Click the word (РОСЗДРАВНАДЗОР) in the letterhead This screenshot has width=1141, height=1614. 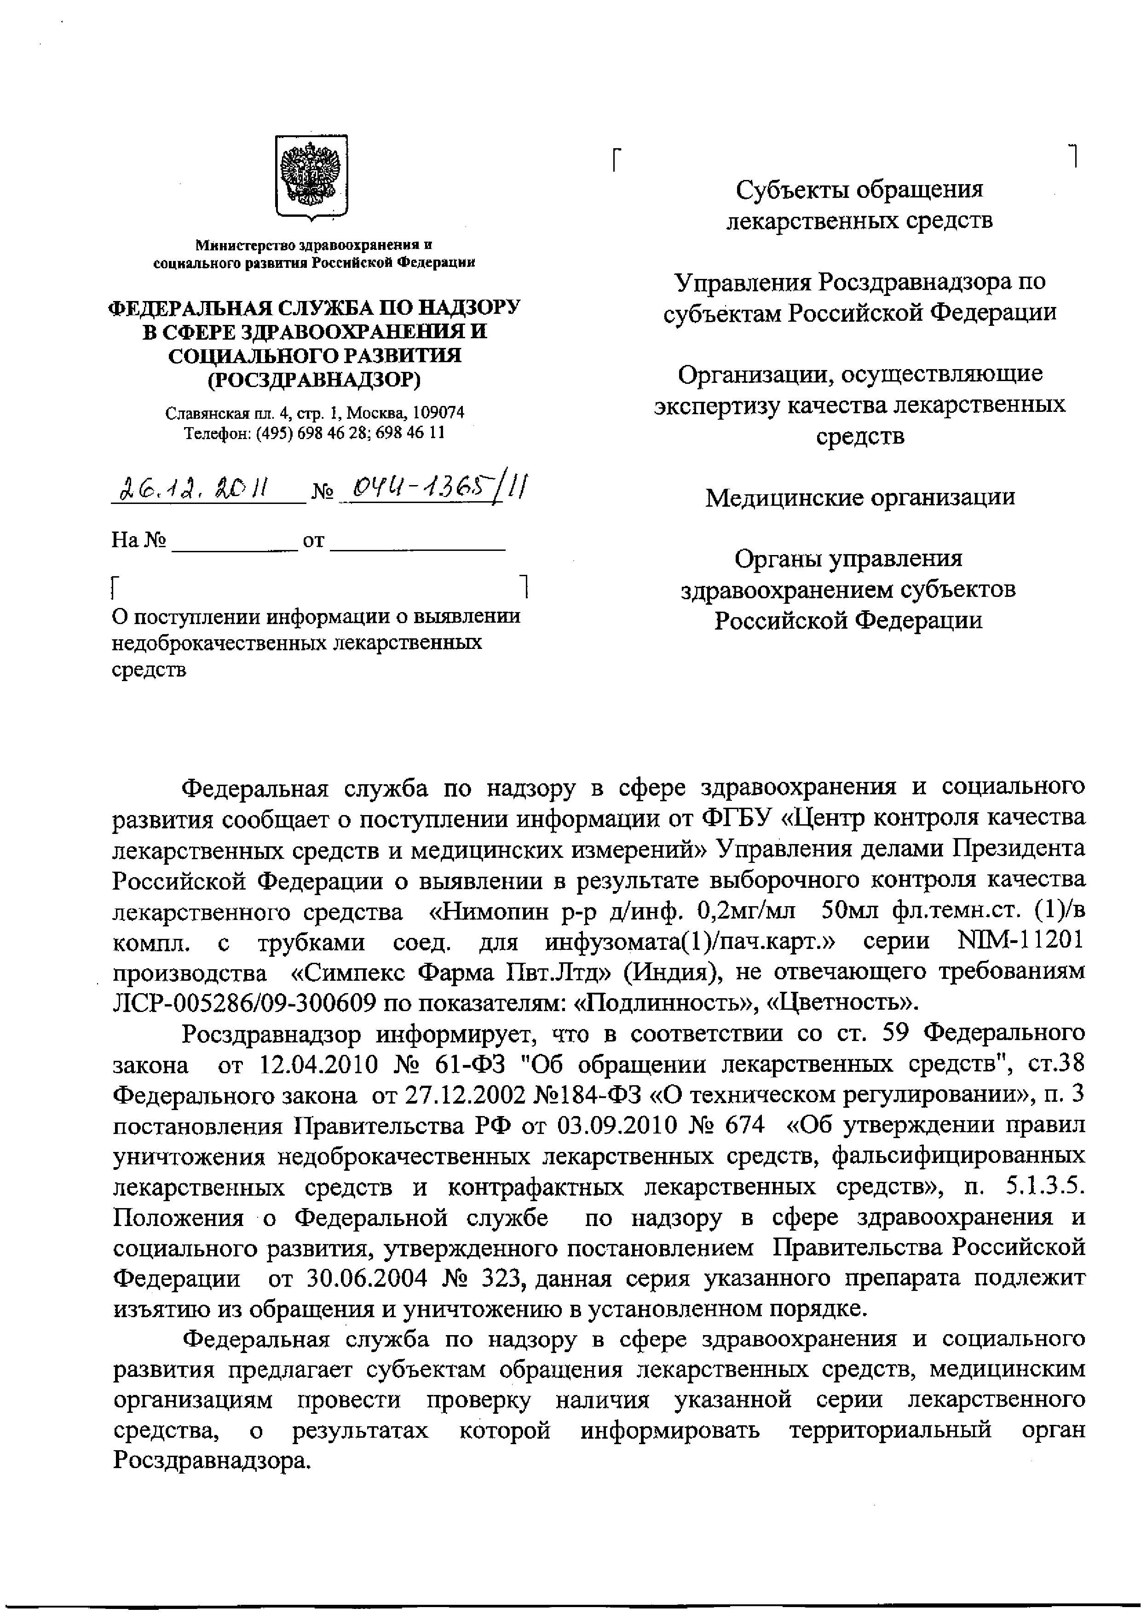315,380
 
